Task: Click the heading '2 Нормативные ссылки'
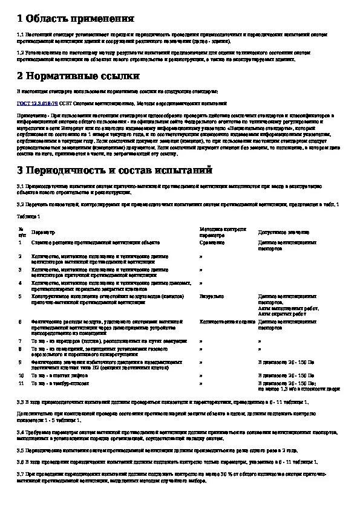pos(79,76)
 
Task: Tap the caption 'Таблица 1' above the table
pos(28,216)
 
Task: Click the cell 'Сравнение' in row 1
pos(212,242)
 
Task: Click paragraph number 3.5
pos(21,450)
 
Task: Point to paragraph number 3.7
pos(21,472)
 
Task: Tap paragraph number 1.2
pos(21,53)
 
